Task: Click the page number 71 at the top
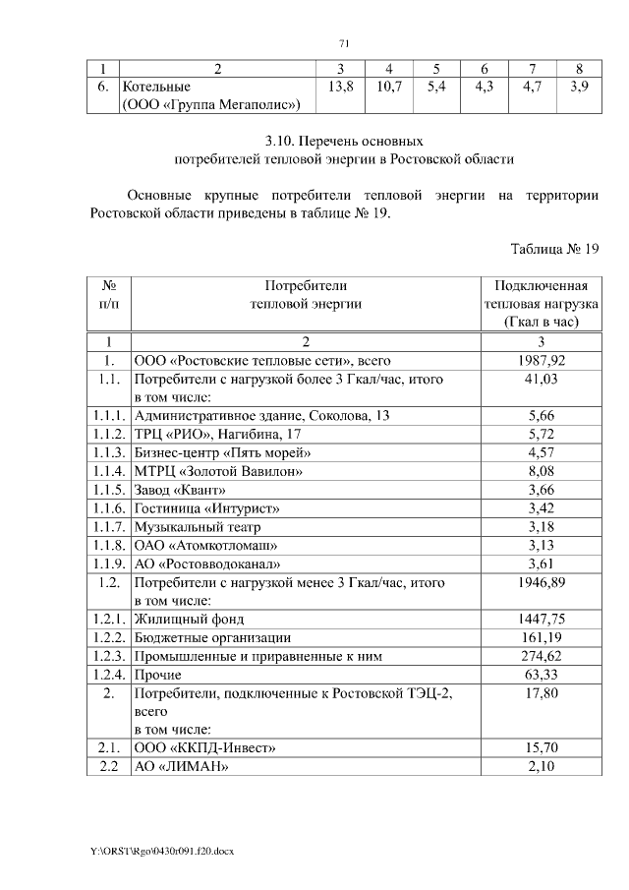coord(344,43)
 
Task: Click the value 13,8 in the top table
coord(339,88)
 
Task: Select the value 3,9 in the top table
coord(579,88)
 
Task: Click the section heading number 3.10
coord(287,140)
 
